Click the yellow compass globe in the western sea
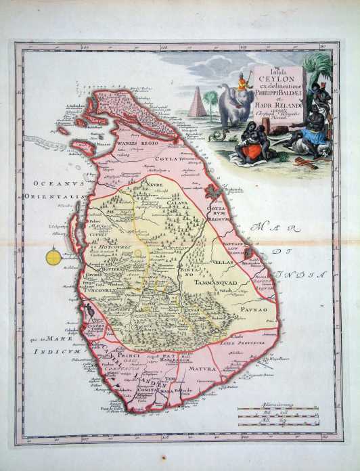pyautogui.click(x=53, y=256)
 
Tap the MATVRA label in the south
pyautogui.click(x=202, y=369)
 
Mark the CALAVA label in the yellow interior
pyautogui.click(x=177, y=202)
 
